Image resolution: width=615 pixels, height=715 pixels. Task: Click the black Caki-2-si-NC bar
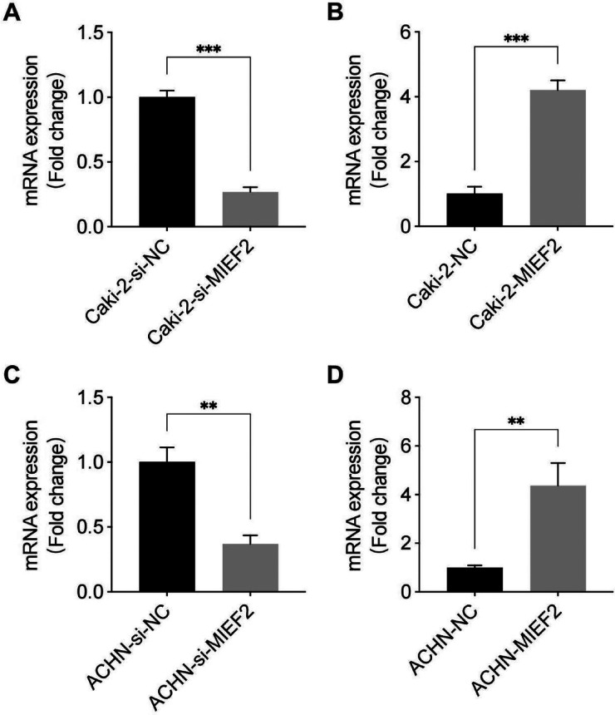click(167, 161)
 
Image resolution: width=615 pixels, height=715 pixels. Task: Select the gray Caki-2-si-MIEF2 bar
click(250, 209)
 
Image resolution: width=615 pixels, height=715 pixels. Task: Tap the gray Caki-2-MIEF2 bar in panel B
click(558, 158)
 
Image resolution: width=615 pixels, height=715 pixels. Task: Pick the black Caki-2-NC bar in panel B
click(475, 210)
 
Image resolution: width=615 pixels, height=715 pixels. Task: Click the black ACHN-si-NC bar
click(167, 526)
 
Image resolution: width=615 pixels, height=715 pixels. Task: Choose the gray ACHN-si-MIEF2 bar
click(250, 568)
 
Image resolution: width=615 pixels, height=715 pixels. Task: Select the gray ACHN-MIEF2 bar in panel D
click(558, 539)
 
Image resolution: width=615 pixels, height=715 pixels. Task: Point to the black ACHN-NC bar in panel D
click(475, 579)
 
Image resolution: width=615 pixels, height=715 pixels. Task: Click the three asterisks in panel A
click(209, 49)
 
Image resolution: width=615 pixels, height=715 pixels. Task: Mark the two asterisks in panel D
click(516, 421)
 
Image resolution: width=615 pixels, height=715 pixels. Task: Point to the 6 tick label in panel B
click(402, 32)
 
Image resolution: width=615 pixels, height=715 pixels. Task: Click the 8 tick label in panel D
click(402, 397)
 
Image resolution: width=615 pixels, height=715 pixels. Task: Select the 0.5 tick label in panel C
click(90, 527)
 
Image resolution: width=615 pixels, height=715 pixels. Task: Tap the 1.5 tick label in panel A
click(90, 32)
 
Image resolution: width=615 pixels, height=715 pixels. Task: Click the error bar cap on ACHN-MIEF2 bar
click(558, 463)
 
